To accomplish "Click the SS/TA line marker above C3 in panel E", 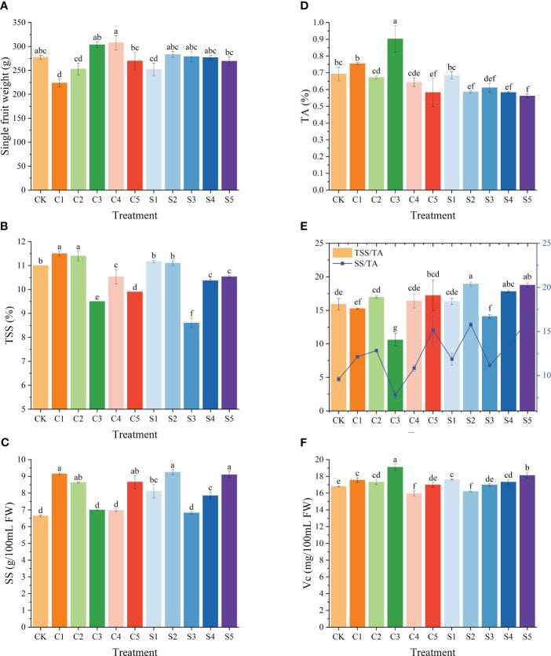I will tap(395, 394).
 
